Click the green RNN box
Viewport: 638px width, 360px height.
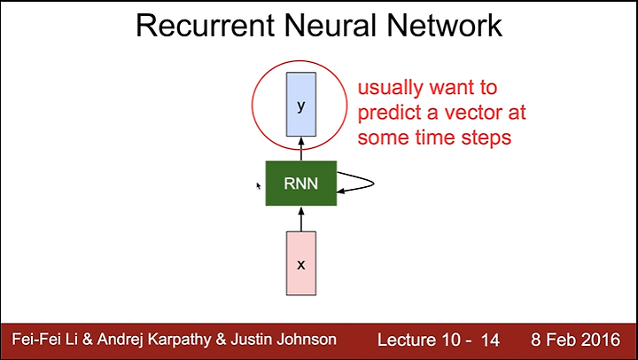coord(301,184)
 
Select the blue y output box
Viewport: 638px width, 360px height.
coord(301,105)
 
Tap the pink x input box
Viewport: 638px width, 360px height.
coord(301,263)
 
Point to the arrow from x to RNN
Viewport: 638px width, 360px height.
coord(301,219)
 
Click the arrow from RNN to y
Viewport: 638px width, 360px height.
coord(301,149)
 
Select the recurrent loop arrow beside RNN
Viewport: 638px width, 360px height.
coord(373,184)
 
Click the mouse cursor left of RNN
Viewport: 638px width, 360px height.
coord(259,186)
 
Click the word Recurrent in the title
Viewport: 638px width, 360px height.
coord(206,25)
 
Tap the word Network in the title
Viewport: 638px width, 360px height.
coord(445,25)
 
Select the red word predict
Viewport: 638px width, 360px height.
coord(389,113)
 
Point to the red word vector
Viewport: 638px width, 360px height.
coord(471,113)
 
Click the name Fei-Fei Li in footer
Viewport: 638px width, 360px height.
coord(44,339)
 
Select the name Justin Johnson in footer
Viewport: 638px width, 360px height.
coord(284,340)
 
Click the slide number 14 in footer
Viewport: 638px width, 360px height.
coord(490,340)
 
